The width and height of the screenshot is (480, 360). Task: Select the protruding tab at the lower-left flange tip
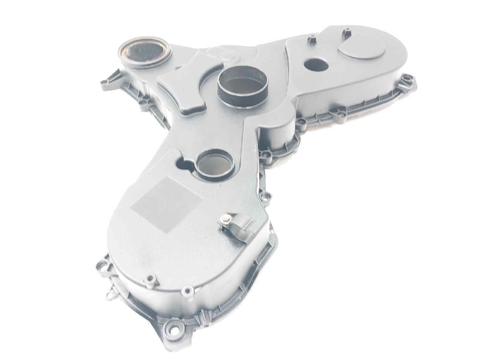pos(110,295)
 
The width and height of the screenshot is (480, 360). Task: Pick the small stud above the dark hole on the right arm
pos(311,41)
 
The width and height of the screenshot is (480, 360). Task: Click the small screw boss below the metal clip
pos(188,292)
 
